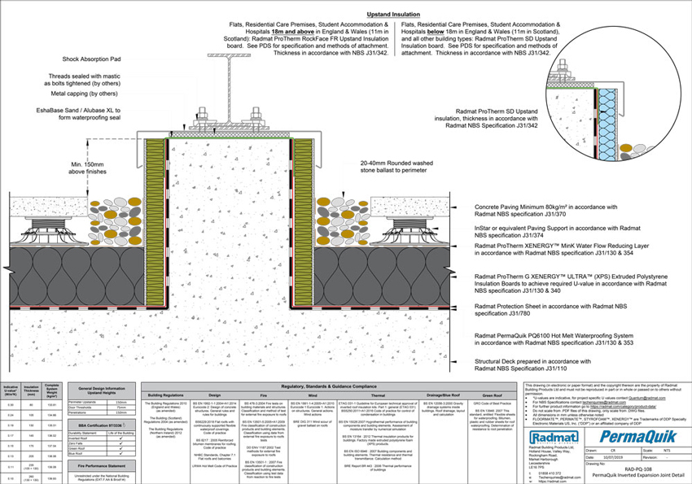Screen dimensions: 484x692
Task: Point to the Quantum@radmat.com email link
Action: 642,399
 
